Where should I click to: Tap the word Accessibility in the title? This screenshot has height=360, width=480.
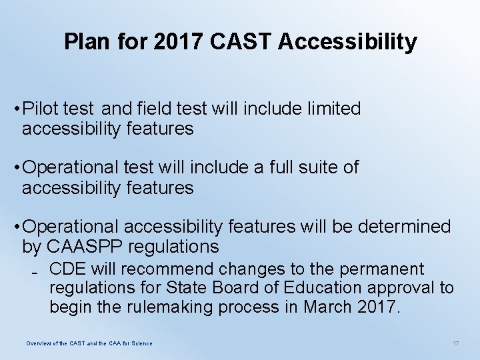coord(347,42)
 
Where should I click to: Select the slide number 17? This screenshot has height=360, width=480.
coord(456,343)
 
